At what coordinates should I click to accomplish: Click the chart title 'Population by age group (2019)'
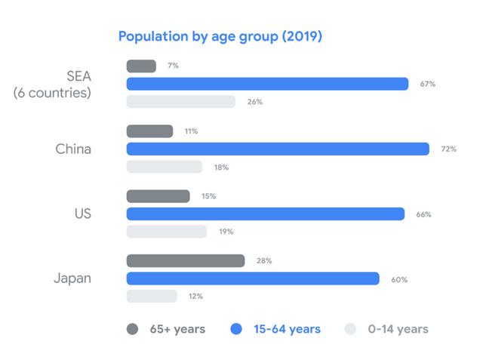click(x=220, y=36)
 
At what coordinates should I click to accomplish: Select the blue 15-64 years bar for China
click(x=278, y=149)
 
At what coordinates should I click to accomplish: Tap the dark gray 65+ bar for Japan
click(x=186, y=260)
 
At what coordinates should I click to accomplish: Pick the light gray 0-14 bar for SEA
click(x=181, y=101)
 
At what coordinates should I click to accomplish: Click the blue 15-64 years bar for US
click(x=266, y=214)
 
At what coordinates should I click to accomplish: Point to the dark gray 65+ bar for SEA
click(x=141, y=66)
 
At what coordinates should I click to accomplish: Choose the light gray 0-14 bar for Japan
click(x=152, y=296)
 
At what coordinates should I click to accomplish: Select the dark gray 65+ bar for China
click(x=149, y=131)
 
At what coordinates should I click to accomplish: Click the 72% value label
click(x=448, y=149)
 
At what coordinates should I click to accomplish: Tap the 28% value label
click(x=264, y=260)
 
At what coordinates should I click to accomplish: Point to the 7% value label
click(x=173, y=66)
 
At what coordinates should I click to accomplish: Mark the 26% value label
click(x=254, y=102)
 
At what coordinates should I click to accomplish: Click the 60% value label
click(x=399, y=279)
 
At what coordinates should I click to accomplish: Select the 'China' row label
click(x=73, y=149)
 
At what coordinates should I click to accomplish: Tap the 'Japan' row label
click(x=72, y=278)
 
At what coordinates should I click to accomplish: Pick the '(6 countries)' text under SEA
click(x=52, y=94)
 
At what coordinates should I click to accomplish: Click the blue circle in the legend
click(x=236, y=328)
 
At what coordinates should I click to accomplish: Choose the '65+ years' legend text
click(x=177, y=329)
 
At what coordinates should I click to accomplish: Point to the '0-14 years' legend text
click(x=398, y=329)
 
